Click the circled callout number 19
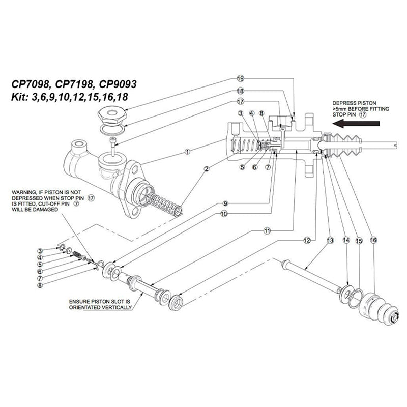[241, 79]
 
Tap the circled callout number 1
[187, 151]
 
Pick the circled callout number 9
[224, 203]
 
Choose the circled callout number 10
[224, 214]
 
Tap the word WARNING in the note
[24, 192]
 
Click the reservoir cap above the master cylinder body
[111, 117]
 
